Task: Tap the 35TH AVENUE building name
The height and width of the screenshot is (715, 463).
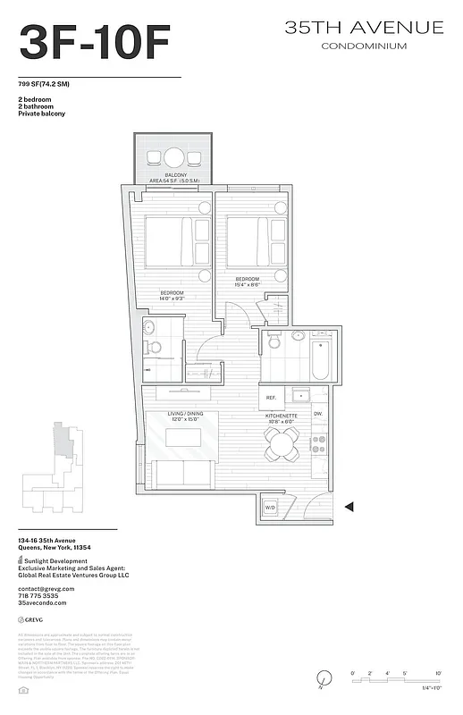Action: click(x=364, y=29)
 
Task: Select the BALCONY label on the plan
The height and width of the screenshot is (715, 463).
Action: click(x=175, y=175)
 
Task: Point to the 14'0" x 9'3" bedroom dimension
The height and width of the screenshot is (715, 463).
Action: click(x=173, y=299)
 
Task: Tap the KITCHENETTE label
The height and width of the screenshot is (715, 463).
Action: click(x=282, y=416)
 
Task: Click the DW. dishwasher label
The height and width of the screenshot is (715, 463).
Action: click(x=318, y=414)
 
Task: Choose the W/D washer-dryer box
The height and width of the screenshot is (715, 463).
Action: click(x=270, y=508)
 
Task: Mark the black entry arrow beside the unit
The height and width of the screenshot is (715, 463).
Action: click(x=349, y=507)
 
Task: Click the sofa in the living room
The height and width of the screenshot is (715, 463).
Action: click(x=182, y=474)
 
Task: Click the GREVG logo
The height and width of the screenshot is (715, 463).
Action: click(x=32, y=619)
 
